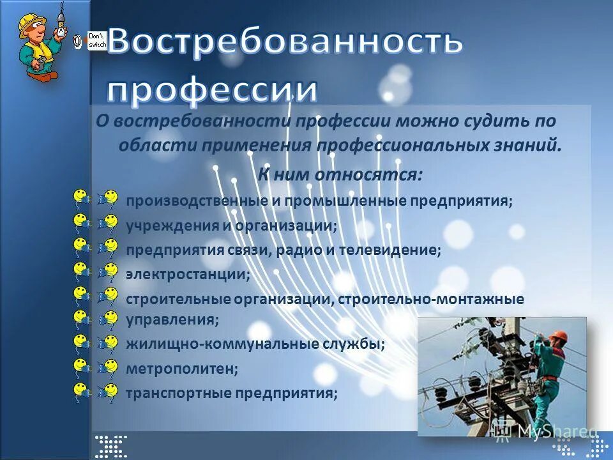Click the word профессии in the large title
(x=212, y=89)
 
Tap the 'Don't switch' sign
(x=97, y=40)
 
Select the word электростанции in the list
(x=188, y=275)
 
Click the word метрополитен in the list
(x=182, y=369)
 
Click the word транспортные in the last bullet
(x=168, y=393)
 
